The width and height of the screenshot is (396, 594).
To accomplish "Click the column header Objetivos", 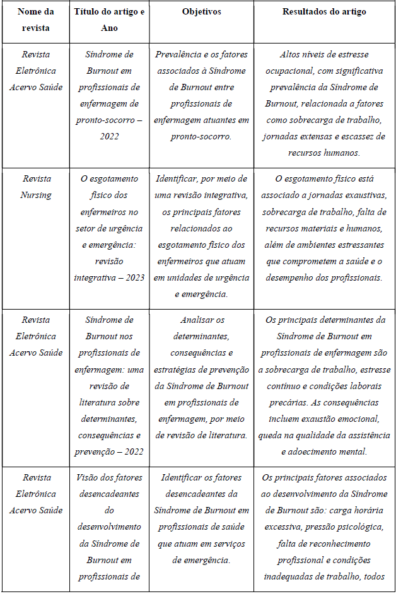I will click(201, 12).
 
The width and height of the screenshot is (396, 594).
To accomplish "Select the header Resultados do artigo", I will click(324, 12).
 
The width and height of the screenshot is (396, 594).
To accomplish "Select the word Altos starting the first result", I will click(291, 54).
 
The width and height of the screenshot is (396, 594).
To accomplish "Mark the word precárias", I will click(291, 402).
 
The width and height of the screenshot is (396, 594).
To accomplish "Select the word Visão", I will click(87, 477).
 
